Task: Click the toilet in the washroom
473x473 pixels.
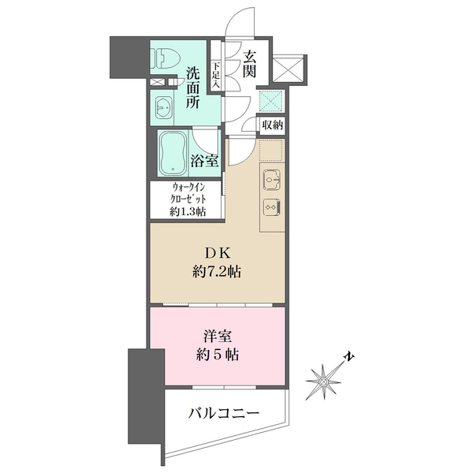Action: [164, 58]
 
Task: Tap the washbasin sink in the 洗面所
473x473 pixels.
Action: [163, 106]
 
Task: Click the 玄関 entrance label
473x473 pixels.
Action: [250, 65]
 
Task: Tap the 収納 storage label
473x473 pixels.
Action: [273, 124]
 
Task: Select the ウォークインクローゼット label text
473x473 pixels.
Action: [190, 194]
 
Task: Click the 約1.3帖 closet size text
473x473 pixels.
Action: [190, 211]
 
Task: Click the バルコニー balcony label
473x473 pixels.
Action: [224, 413]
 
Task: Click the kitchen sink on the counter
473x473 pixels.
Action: [270, 178]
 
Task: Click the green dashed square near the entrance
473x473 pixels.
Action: [272, 100]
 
